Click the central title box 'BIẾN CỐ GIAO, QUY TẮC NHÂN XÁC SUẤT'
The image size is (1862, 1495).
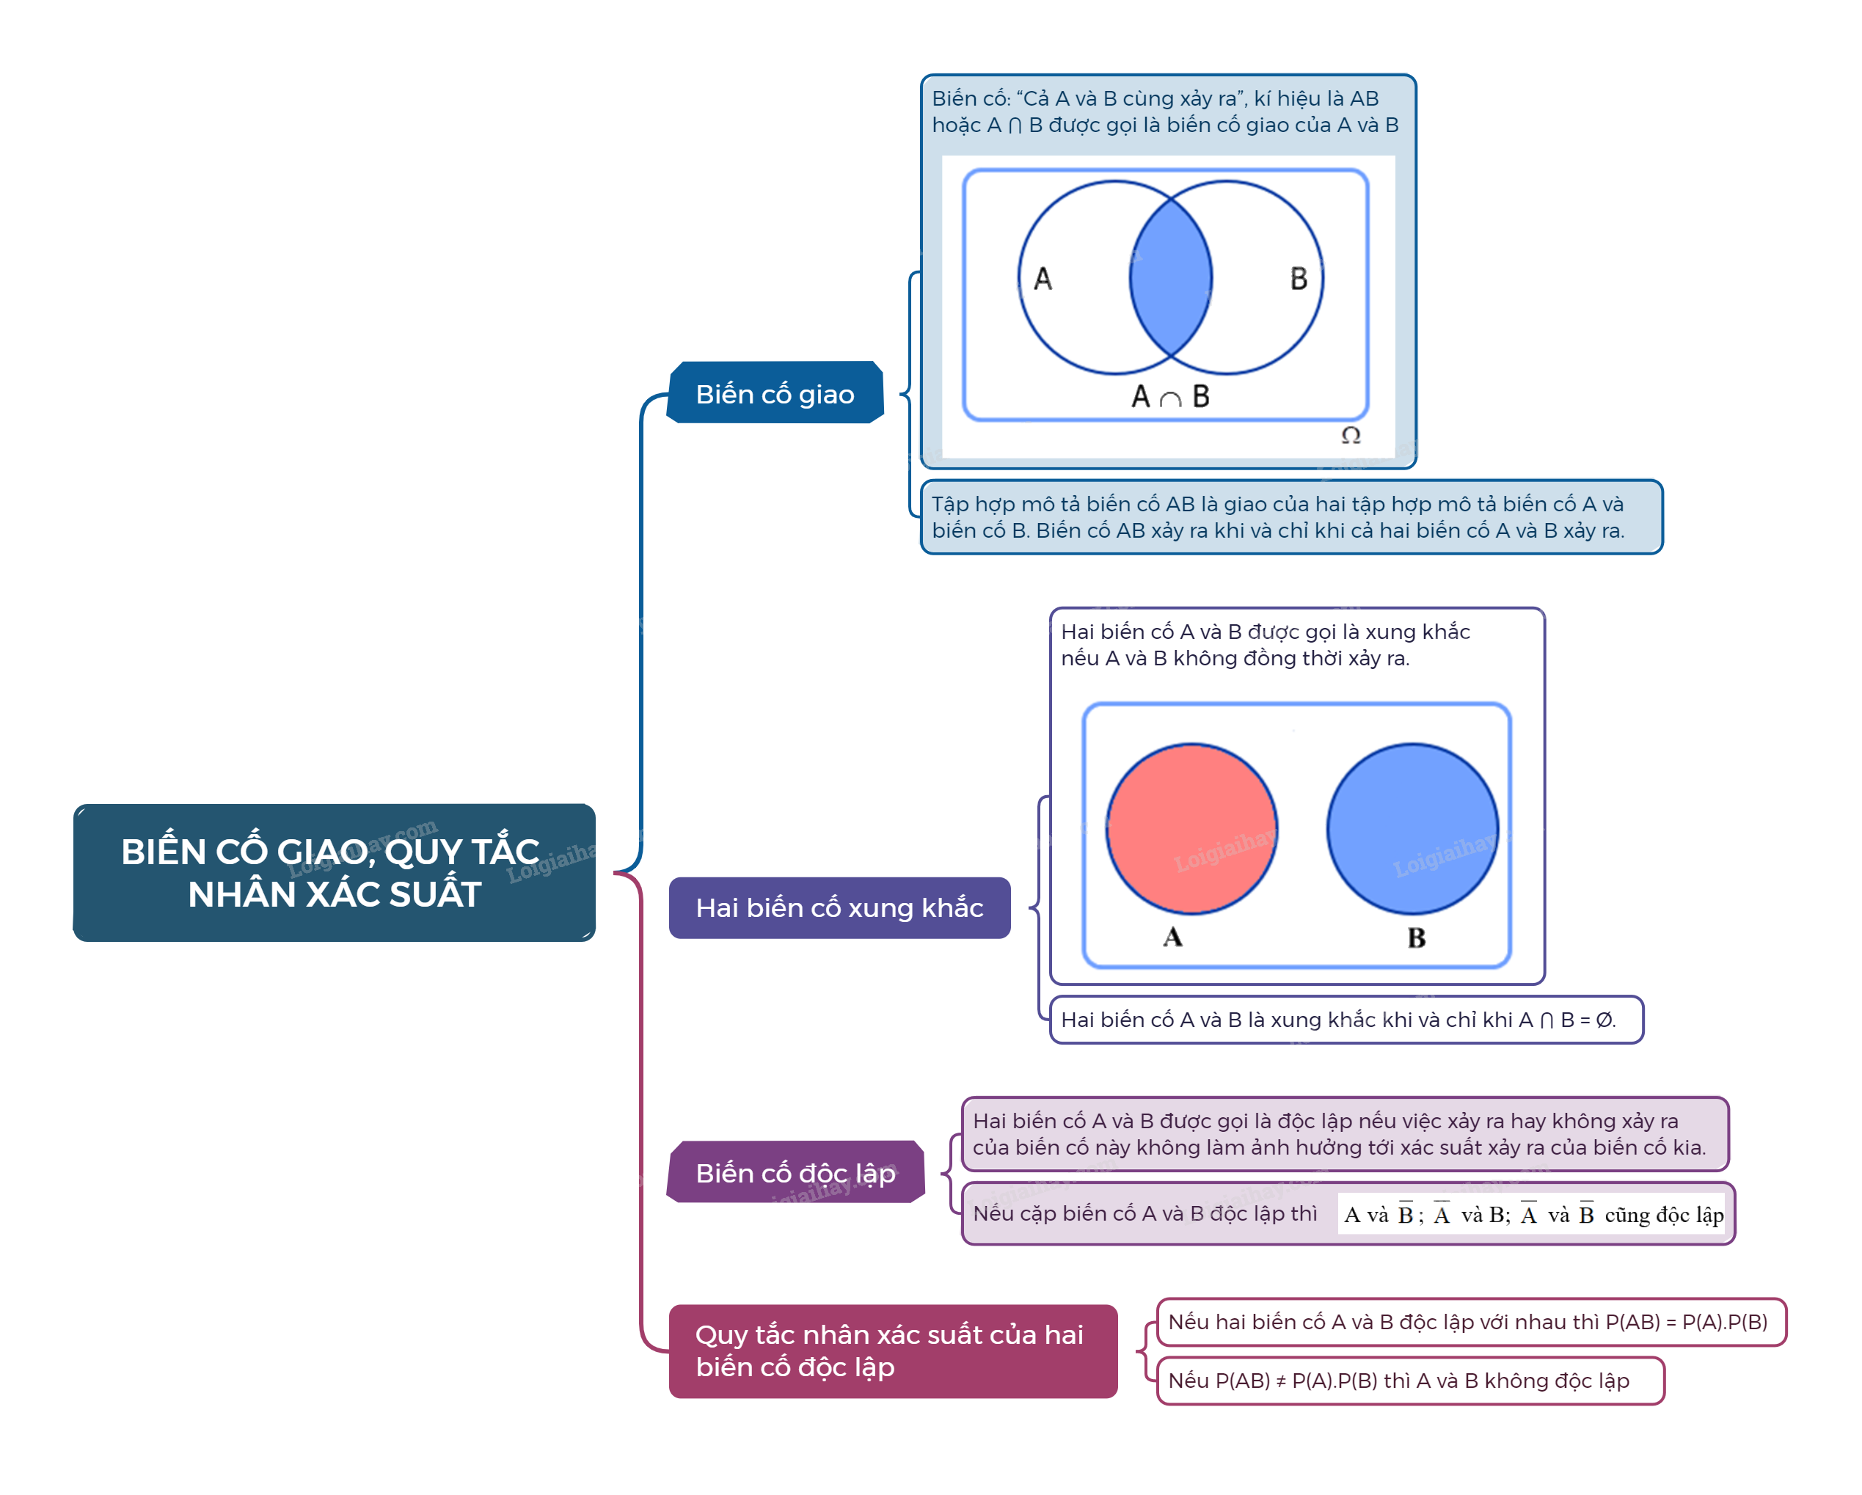pos(335,872)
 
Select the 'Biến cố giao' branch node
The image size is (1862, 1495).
pos(775,394)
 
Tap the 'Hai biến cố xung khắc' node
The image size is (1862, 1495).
pos(839,907)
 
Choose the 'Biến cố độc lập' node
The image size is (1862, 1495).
pos(795,1173)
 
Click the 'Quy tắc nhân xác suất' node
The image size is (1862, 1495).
pos(892,1350)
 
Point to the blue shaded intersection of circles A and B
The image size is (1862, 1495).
pos(1170,277)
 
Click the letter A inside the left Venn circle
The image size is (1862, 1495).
pos(1043,279)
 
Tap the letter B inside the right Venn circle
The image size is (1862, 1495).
pos(1298,279)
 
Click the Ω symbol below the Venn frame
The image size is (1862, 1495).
pos(1351,435)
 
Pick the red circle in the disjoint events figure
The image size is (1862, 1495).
pos(1192,829)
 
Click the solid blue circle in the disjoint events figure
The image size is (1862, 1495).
pos(1412,829)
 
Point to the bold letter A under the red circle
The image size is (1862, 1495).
pos(1172,937)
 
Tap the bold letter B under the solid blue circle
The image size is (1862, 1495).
pos(1417,938)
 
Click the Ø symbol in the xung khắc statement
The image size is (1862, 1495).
pos(1604,1020)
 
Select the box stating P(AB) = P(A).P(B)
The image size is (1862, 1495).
pos(1470,1323)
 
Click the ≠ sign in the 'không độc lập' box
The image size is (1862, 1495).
pos(1281,1381)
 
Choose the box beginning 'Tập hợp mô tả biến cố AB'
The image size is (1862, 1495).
pos(1291,517)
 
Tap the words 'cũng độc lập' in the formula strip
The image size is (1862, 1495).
pos(1663,1216)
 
